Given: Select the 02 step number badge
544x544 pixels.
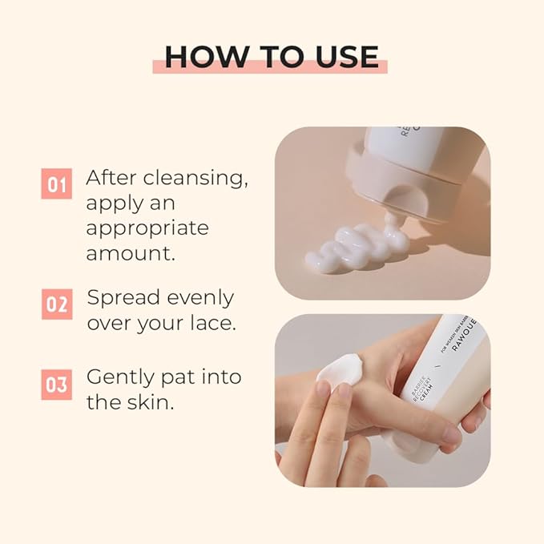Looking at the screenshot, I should pos(56,304).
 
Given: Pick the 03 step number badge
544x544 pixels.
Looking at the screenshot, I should pos(56,385).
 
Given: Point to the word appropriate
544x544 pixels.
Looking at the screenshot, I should pos(147,228).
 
